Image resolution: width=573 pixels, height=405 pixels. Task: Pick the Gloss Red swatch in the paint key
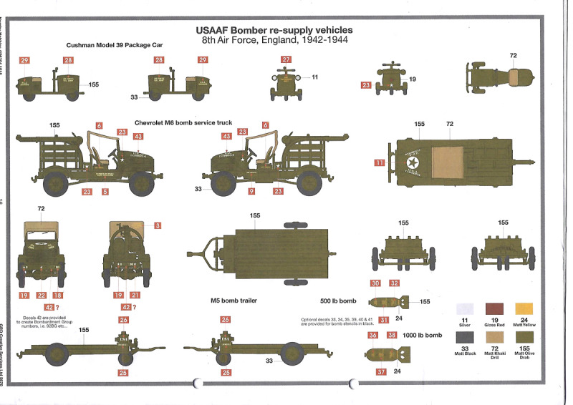tap(495, 310)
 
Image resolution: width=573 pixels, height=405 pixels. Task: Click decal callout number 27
tap(286, 60)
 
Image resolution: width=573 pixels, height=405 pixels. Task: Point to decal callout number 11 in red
tap(380, 163)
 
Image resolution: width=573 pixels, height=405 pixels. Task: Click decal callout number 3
tap(158, 225)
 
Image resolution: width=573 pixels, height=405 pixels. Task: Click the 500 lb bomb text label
tap(338, 301)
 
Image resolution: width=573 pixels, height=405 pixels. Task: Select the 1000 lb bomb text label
tap(423, 336)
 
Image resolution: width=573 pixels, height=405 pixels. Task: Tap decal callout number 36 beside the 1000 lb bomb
tap(372, 335)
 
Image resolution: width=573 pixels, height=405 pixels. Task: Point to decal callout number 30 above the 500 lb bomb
tap(375, 283)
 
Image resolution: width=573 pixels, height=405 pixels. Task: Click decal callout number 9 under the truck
tap(251, 192)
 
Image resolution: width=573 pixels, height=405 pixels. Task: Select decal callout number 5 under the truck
tap(105, 192)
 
